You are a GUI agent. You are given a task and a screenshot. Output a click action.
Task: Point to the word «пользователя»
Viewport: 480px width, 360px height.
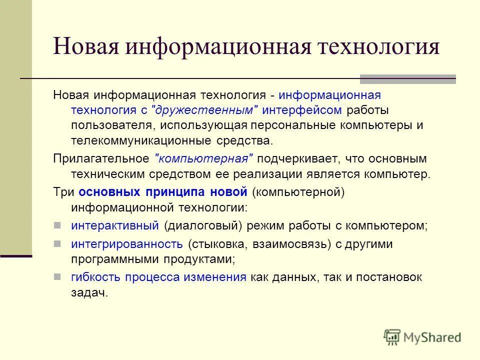[105, 125]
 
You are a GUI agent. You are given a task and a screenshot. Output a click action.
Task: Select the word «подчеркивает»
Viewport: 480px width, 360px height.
[295, 159]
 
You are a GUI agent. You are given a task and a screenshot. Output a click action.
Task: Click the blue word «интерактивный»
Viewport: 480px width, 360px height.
[115, 225]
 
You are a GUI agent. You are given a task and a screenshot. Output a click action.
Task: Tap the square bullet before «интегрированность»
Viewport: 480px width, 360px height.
[57, 244]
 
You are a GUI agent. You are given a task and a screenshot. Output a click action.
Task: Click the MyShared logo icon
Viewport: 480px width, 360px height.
[392, 337]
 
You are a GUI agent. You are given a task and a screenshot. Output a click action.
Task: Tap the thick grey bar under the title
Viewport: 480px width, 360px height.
[408, 78]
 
